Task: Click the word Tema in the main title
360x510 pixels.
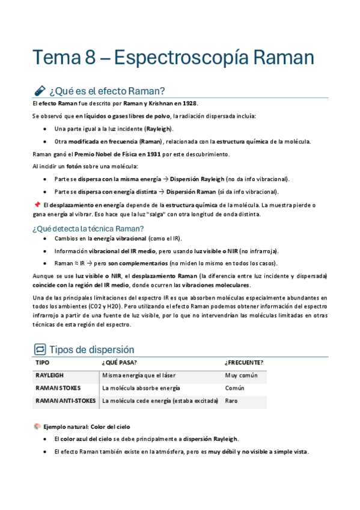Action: (x=53, y=58)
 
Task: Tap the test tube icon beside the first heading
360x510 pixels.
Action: (x=39, y=91)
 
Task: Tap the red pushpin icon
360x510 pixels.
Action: (x=37, y=204)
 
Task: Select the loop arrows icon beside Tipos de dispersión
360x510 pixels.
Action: (x=40, y=349)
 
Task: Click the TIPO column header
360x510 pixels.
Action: (x=43, y=363)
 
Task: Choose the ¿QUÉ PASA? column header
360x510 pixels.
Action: (x=120, y=363)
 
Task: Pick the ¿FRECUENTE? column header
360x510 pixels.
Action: (x=244, y=363)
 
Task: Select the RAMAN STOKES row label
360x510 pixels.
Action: (x=58, y=388)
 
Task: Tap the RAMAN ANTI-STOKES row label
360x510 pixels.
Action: (x=66, y=401)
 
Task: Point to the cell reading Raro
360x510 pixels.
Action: (x=231, y=401)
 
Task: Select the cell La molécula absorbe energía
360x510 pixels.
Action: (x=141, y=388)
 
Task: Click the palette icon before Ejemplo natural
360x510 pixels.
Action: (x=37, y=426)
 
